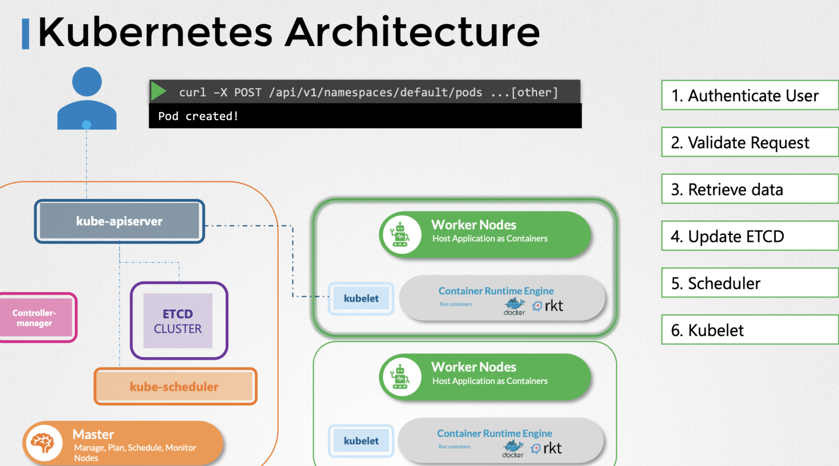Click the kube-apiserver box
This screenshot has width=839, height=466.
point(119,221)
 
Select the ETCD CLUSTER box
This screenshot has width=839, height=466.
point(178,321)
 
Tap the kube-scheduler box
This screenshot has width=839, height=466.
point(175,386)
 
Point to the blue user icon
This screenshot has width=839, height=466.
point(87,99)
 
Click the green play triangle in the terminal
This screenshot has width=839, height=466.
point(158,91)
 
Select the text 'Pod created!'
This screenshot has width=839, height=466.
point(198,116)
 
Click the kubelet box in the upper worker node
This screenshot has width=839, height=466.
point(361,298)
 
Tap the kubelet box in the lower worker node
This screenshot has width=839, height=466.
point(361,441)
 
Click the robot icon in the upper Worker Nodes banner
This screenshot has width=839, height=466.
point(400,234)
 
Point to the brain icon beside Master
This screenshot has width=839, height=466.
point(43,443)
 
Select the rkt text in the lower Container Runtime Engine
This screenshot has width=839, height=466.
point(552,448)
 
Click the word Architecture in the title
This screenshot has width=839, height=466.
point(412,32)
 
